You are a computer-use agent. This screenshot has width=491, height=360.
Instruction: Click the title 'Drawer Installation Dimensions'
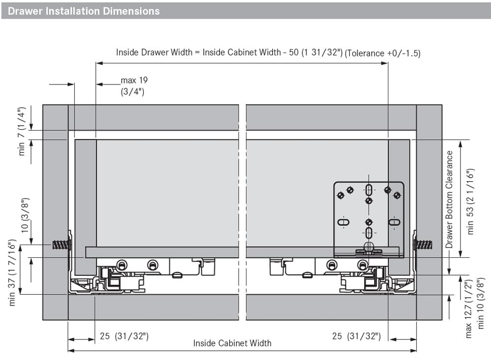tap(83, 11)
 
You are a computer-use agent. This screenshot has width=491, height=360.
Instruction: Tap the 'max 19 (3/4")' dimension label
tap(134, 86)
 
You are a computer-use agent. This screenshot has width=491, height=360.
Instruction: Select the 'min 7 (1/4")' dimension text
tap(21, 131)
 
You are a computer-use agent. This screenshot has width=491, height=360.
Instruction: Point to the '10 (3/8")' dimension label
tap(25, 215)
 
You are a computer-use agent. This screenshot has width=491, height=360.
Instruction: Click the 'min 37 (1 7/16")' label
tap(12, 273)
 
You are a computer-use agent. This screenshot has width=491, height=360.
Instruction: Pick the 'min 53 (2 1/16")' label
tap(470, 202)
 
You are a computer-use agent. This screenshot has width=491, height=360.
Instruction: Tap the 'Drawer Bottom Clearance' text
tap(449, 199)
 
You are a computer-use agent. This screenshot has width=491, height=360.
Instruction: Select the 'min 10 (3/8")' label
tap(480, 303)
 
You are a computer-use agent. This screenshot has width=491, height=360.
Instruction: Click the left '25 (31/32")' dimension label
tap(124, 336)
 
